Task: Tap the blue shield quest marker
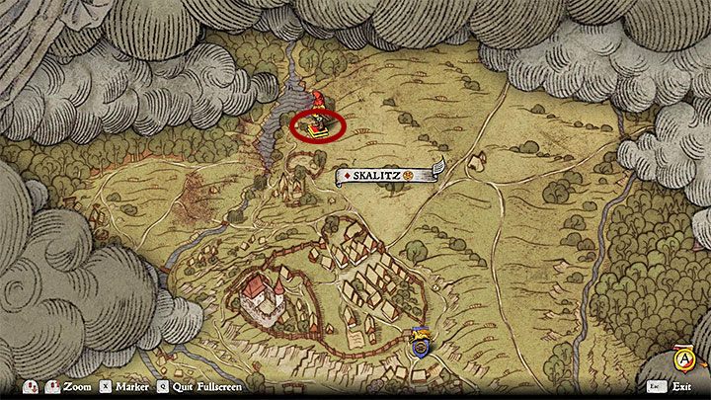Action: [x=420, y=345]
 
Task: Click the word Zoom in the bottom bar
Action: [x=76, y=387]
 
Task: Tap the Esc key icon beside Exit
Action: [x=655, y=387]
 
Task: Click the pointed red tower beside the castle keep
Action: [x=279, y=287]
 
